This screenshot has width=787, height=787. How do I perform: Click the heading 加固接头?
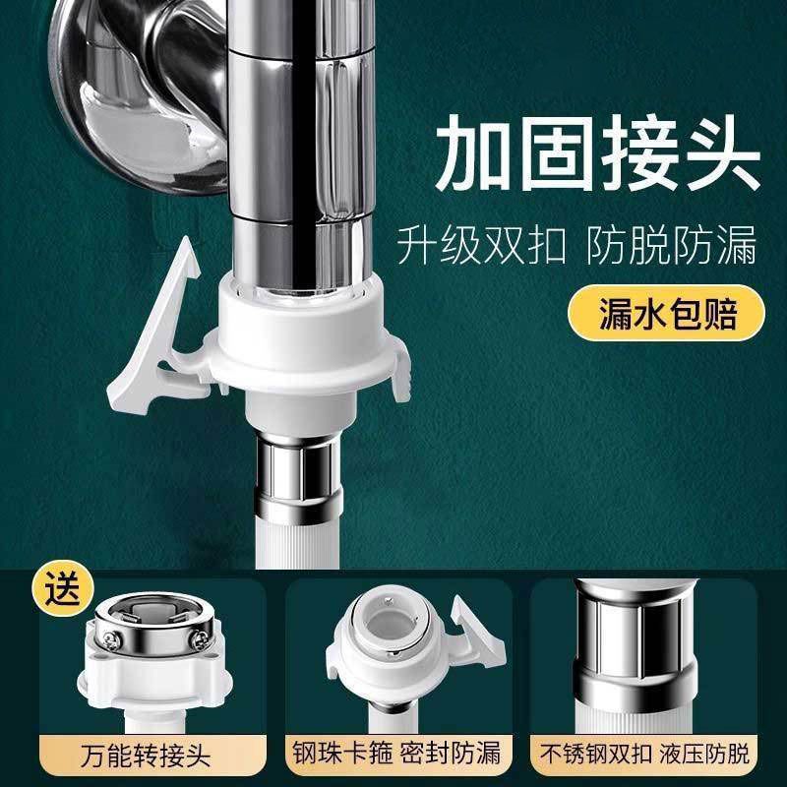(597, 153)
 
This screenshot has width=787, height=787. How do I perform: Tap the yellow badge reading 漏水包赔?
(667, 313)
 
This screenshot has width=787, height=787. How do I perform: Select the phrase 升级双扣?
(481, 245)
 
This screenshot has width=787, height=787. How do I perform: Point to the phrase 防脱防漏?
(672, 245)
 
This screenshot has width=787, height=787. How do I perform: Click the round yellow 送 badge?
(63, 588)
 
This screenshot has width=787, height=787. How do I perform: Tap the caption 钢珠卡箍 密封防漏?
(396, 753)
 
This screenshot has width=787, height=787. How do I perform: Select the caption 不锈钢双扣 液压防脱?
(644, 754)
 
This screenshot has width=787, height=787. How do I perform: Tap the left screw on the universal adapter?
(110, 638)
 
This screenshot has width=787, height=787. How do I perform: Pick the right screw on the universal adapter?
(200, 637)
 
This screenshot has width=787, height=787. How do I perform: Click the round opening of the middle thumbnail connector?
(390, 625)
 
